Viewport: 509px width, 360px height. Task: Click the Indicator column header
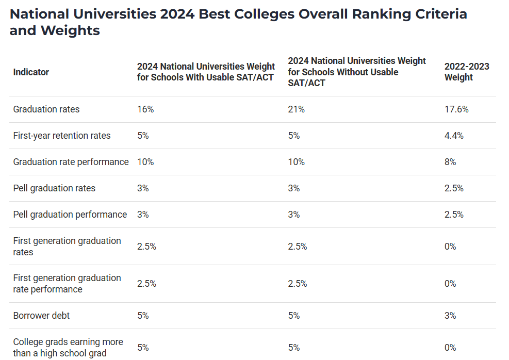(31, 72)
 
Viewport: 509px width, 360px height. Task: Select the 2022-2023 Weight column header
(466, 72)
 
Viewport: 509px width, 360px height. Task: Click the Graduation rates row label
(46, 109)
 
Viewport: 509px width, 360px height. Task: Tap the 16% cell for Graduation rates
(145, 109)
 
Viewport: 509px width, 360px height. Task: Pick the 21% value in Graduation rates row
(296, 109)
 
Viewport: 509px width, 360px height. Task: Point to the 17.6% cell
(456, 109)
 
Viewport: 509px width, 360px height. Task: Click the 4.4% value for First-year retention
(454, 136)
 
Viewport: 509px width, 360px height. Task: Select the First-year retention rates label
(62, 136)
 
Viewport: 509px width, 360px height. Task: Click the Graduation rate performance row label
(71, 162)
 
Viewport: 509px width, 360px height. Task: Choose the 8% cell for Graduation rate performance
(450, 162)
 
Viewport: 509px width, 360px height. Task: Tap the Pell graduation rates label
(54, 188)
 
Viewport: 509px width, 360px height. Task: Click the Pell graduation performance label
(70, 215)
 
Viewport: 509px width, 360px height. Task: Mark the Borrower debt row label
(41, 316)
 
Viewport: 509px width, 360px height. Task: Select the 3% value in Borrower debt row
(450, 316)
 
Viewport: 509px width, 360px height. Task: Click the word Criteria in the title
(435, 14)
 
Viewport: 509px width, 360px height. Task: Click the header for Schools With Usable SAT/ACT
(206, 72)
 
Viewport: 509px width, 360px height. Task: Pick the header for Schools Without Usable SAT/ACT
(356, 72)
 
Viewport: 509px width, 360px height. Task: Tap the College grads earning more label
(68, 348)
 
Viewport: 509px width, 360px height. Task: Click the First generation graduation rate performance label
(67, 284)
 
